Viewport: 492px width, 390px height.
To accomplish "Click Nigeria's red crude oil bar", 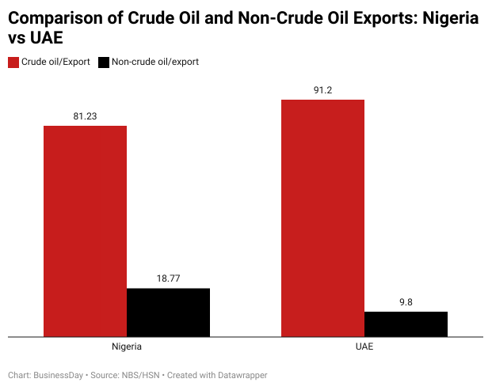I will click(x=85, y=230).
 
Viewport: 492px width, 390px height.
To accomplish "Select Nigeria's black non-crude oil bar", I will click(x=168, y=312).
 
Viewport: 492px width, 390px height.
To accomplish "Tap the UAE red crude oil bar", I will click(x=322, y=218).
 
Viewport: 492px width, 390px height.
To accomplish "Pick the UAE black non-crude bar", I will click(x=406, y=324).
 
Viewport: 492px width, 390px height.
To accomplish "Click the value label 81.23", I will click(x=85, y=116).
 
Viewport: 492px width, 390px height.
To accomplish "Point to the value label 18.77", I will click(x=168, y=278).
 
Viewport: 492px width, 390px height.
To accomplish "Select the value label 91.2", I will click(x=322, y=90).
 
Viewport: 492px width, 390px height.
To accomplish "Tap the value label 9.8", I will click(x=406, y=301).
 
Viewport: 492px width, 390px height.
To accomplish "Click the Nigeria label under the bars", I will click(x=127, y=346).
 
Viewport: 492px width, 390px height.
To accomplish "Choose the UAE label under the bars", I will click(x=364, y=346).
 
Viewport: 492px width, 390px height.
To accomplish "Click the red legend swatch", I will click(x=13, y=62).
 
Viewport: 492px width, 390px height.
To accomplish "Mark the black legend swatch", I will click(x=103, y=62).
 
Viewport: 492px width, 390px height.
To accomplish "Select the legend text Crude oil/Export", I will click(x=55, y=62).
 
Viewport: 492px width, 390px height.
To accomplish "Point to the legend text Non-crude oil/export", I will click(x=154, y=62).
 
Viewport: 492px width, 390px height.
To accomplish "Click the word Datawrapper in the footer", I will click(x=238, y=375).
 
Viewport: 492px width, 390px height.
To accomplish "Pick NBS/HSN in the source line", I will click(x=137, y=375).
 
